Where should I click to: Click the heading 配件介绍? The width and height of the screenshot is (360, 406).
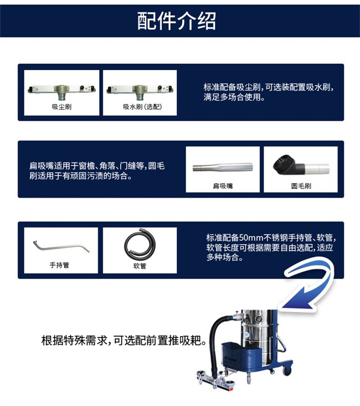(x=176, y=21)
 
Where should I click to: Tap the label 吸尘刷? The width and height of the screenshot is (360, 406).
(x=62, y=107)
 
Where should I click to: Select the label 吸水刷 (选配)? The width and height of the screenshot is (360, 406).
(x=142, y=107)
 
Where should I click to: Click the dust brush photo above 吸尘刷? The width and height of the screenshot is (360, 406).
(x=62, y=91)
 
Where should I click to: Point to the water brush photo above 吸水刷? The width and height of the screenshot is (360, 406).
(x=140, y=91)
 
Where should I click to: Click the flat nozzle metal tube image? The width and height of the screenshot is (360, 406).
(x=223, y=167)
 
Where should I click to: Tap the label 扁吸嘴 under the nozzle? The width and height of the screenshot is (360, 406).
(x=223, y=186)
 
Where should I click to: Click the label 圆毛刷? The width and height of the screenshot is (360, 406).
(x=301, y=186)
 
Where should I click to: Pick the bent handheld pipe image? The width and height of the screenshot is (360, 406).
(x=61, y=247)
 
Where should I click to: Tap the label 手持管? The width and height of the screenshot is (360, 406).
(x=59, y=265)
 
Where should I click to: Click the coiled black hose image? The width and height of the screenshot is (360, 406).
(x=140, y=244)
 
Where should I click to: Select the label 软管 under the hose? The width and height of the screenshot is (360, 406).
(x=140, y=266)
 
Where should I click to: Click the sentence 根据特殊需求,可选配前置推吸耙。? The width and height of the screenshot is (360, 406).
(x=124, y=340)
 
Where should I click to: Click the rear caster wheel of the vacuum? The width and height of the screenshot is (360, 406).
(x=287, y=370)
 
